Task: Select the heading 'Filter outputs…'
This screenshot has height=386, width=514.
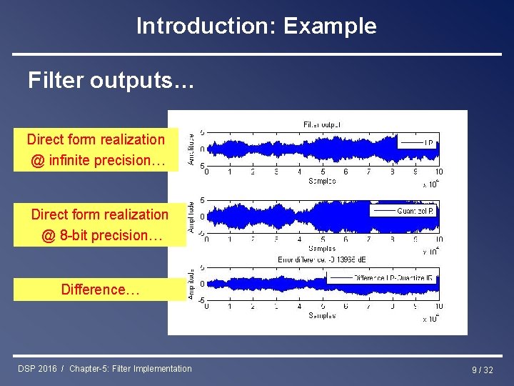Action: [x=111, y=81]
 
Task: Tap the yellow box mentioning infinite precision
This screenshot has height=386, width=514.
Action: [x=97, y=150]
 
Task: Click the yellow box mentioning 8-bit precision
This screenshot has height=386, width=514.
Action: [x=99, y=225]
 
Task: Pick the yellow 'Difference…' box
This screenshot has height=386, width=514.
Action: [x=99, y=289]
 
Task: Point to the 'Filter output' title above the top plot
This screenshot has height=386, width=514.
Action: [x=322, y=124]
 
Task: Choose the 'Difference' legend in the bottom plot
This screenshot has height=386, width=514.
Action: [x=393, y=278]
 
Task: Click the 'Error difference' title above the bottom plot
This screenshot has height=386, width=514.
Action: [x=322, y=259]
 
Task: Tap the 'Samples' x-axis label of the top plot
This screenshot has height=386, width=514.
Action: [x=322, y=182]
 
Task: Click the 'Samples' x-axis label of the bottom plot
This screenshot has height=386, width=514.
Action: [x=322, y=315]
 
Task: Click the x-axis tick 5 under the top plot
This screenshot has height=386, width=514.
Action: [x=323, y=172]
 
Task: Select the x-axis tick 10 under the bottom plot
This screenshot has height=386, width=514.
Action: [x=438, y=307]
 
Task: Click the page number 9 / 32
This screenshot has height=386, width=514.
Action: [x=482, y=370]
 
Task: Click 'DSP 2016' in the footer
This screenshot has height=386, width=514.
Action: [x=38, y=369]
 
